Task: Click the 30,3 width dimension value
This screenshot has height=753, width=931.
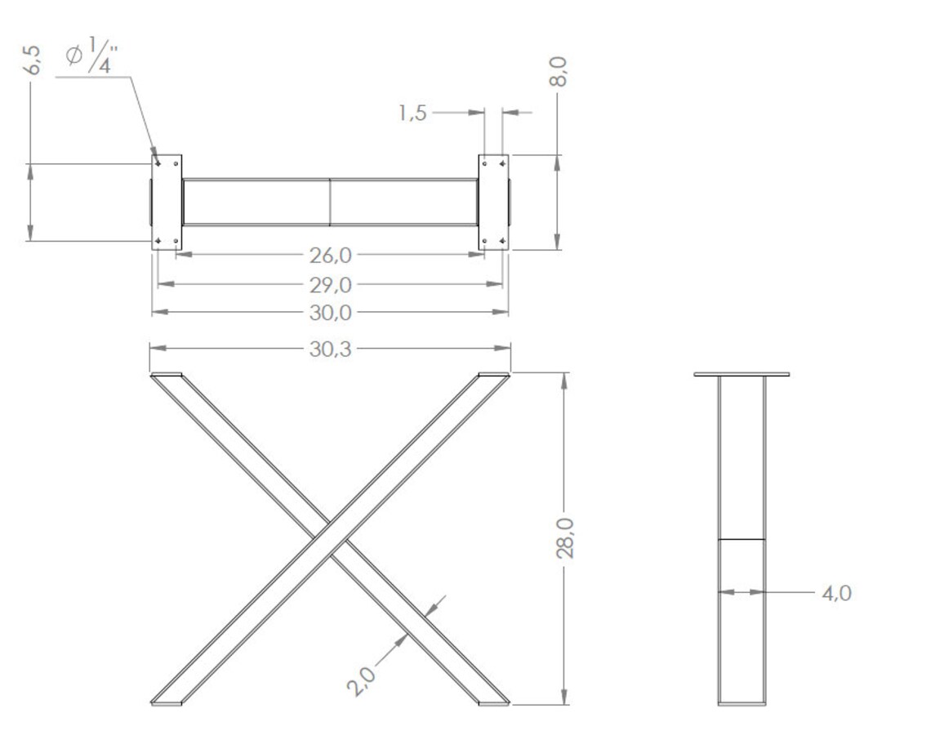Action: click(330, 349)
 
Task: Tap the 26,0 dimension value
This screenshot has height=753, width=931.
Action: click(330, 255)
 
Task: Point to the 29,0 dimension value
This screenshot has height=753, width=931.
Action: click(330, 284)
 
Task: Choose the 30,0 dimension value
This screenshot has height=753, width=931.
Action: click(330, 312)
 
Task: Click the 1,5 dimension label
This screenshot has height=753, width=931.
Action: click(413, 113)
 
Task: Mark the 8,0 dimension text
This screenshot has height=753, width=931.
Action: click(559, 73)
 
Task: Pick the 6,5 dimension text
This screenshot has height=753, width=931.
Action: click(32, 60)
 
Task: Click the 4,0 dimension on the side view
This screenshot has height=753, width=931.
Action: click(836, 593)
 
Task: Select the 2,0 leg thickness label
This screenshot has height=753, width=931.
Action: click(362, 679)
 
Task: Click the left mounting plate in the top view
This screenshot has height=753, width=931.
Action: click(167, 202)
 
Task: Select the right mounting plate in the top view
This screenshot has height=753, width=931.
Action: click(493, 202)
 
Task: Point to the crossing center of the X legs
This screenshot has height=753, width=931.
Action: click(330, 538)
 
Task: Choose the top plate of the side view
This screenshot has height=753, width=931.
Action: click(742, 374)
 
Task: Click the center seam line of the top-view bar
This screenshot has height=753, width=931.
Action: click(330, 202)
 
